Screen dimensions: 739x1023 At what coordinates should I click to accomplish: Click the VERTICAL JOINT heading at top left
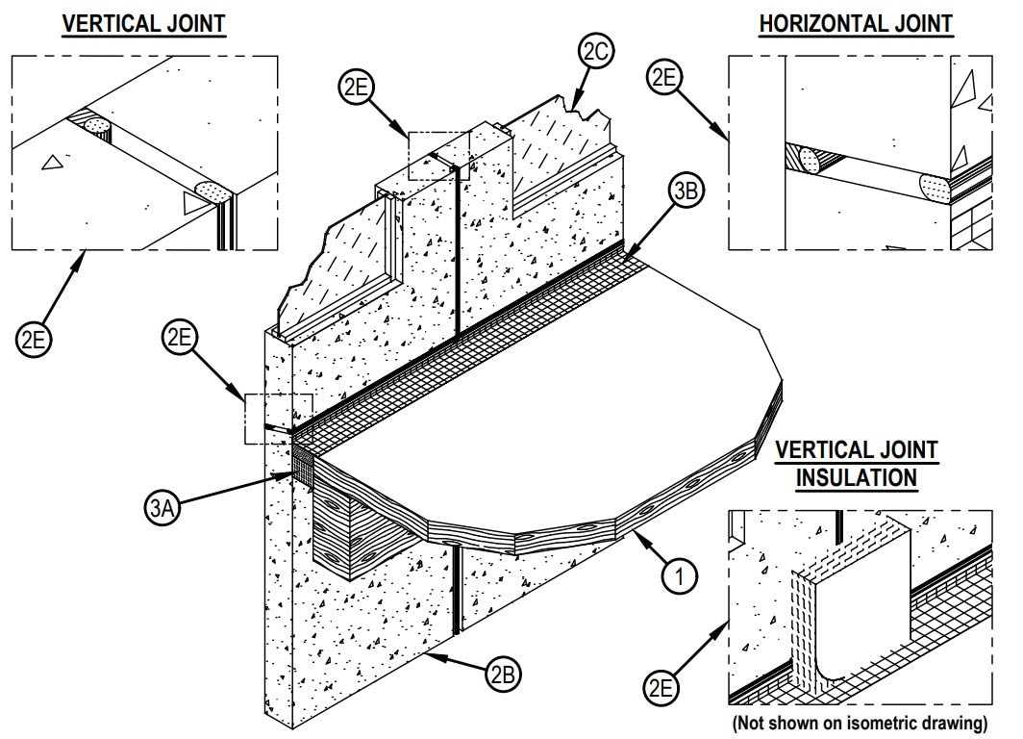pos(143,23)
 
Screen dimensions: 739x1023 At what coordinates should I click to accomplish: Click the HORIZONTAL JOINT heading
pos(855,23)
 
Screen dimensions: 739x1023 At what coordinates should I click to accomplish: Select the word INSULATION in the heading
pos(856,476)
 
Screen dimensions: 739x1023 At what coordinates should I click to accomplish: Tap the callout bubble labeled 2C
pos(594,50)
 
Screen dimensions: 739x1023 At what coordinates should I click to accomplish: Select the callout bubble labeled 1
pos(679,577)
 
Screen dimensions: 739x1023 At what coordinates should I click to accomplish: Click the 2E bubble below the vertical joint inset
pos(35,340)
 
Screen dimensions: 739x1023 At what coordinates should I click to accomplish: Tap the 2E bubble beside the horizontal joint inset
pos(664,77)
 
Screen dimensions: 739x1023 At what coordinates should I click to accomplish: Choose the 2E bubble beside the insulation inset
pos(662,689)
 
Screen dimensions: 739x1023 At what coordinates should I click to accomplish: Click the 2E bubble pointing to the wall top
pos(355,88)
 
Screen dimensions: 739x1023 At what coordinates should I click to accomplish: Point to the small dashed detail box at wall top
pos(439,156)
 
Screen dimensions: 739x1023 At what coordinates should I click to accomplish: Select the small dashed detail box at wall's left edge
pos(278,419)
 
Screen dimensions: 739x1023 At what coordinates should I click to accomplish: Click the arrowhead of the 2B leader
pos(436,654)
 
